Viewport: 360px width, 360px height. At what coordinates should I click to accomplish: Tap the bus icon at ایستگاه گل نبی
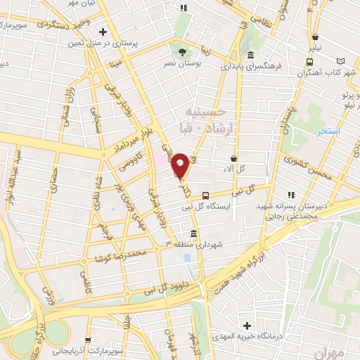point(205,195)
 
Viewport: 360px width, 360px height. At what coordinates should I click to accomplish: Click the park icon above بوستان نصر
point(184,51)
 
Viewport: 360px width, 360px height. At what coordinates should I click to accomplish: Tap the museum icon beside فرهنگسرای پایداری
point(250,56)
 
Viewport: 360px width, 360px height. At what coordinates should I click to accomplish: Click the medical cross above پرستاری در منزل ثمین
point(103,32)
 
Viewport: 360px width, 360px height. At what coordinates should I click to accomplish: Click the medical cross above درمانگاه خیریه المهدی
point(246,326)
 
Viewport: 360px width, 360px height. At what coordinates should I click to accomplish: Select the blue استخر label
point(328,132)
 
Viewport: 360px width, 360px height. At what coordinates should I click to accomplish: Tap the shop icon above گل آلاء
point(233,157)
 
